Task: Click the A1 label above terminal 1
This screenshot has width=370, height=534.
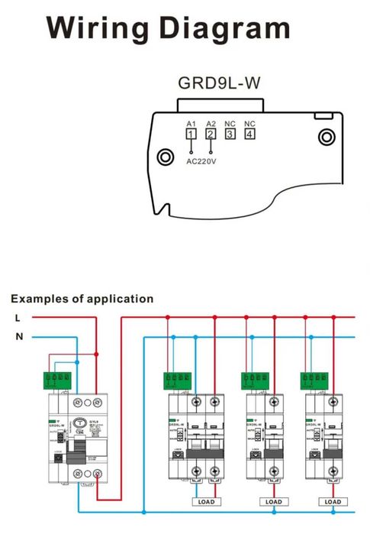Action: [x=191, y=123]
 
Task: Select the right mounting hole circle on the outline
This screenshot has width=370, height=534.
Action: [x=327, y=138]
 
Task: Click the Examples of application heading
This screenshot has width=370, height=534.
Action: [x=82, y=299]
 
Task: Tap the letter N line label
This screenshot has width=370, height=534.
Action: [x=18, y=336]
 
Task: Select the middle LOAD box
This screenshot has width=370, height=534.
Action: [x=272, y=502]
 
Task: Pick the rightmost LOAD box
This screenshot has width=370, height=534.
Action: [x=333, y=502]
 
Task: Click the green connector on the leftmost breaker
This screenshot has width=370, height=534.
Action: [x=58, y=377]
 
